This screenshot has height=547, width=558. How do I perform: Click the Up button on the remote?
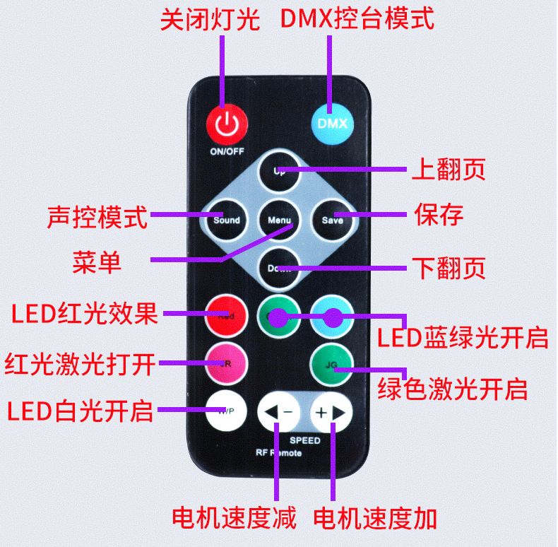[x=279, y=170]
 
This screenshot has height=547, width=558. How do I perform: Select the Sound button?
[x=226, y=220]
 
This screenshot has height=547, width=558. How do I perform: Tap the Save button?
[x=332, y=220]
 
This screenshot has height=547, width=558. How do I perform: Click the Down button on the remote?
[x=279, y=269]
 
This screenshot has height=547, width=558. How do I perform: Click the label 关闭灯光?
[x=210, y=20]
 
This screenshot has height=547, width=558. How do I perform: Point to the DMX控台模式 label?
[x=357, y=19]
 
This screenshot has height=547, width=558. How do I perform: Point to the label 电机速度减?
[x=234, y=518]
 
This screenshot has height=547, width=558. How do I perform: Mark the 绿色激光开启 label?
[x=453, y=389]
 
